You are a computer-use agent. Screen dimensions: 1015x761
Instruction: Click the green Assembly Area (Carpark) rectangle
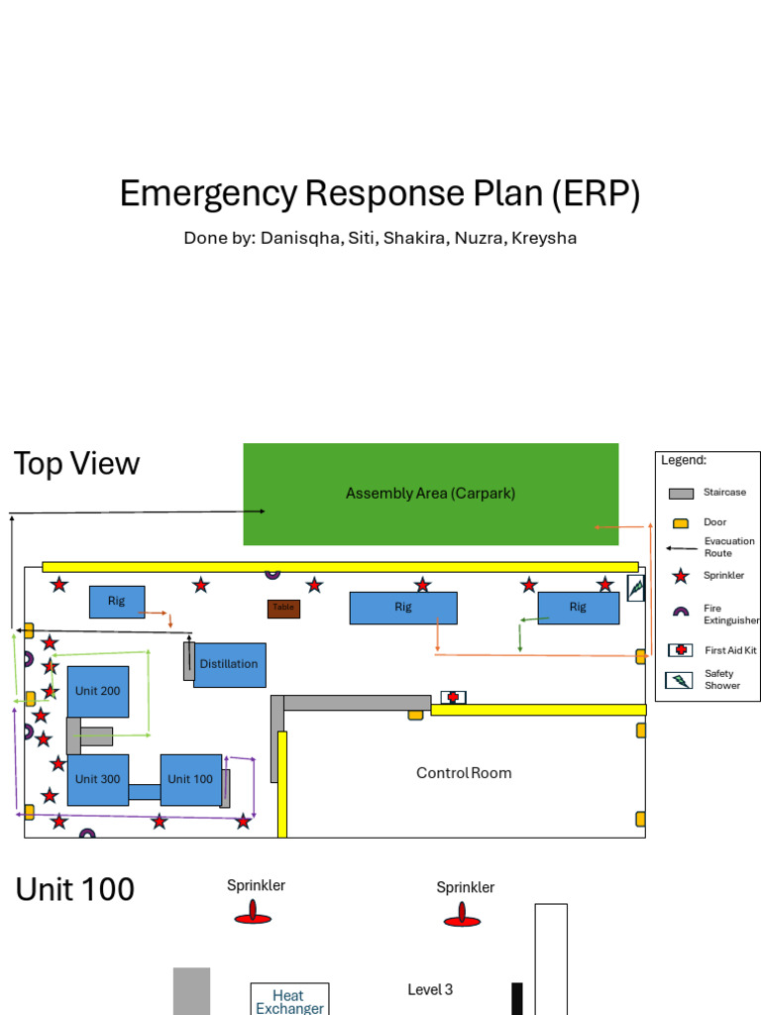point(431,494)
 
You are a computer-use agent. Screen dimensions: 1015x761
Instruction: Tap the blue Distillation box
point(230,664)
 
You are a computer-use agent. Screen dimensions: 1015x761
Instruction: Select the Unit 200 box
point(98,691)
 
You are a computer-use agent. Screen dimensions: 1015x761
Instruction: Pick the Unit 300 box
point(98,779)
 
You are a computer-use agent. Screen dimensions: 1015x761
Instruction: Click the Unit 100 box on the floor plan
point(190,779)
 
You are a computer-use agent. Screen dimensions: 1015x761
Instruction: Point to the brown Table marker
point(283,608)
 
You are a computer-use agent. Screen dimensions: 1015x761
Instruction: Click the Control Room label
point(464,773)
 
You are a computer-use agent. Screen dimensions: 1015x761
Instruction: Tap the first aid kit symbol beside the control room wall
point(453,697)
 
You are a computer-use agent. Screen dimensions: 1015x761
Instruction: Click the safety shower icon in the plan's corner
point(636,588)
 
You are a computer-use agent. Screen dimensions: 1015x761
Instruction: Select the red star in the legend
point(681,576)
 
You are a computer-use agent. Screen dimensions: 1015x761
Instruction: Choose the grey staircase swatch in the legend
point(681,494)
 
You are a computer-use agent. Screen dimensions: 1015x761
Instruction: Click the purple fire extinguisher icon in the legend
point(681,613)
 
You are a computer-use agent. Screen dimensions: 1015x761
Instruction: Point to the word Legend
point(684,460)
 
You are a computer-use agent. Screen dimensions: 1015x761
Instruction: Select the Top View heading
point(76,463)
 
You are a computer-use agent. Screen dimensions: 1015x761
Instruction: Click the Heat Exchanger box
point(288,1000)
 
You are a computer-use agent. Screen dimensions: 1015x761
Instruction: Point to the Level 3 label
point(430,989)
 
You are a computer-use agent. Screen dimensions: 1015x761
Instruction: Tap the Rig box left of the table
point(117,602)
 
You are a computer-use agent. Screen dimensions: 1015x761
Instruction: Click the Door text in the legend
point(714,522)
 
